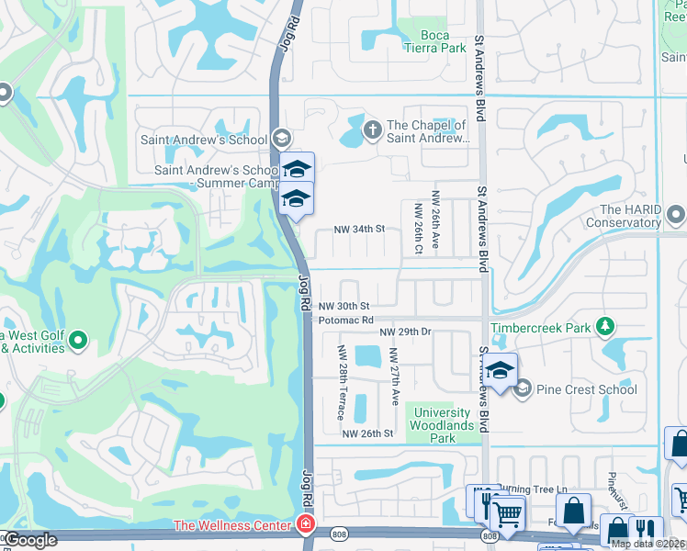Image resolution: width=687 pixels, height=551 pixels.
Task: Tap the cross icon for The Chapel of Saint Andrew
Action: click(x=372, y=129)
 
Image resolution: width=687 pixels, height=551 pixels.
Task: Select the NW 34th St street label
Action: click(x=357, y=229)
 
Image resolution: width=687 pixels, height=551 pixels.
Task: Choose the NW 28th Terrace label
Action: click(x=341, y=377)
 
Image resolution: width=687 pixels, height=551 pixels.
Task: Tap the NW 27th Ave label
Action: click(x=393, y=377)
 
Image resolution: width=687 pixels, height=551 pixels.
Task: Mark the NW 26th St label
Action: click(x=367, y=433)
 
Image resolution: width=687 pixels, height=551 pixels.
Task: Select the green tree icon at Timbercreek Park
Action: click(x=605, y=326)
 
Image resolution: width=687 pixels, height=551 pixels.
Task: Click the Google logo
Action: click(x=30, y=540)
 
